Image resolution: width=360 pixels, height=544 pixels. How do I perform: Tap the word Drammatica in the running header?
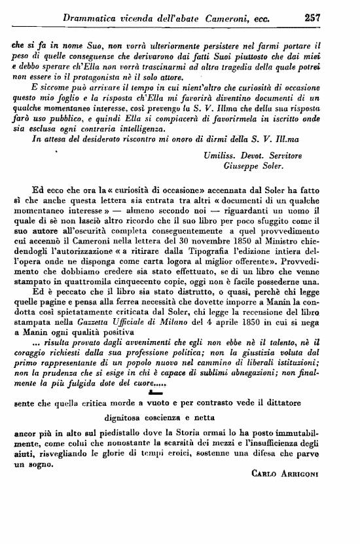92,20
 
